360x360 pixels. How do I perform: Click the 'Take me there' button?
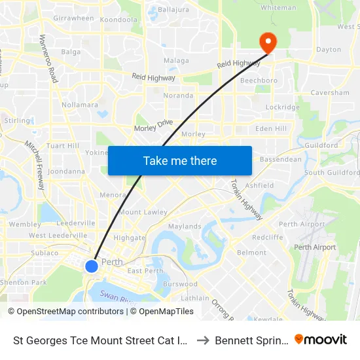(x=180, y=160)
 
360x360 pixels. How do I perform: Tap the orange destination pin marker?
(x=268, y=43)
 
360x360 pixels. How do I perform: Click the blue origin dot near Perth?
(x=92, y=266)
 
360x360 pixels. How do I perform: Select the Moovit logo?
(x=321, y=340)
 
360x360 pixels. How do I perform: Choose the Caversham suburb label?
(x=329, y=93)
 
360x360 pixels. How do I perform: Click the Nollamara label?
(x=79, y=105)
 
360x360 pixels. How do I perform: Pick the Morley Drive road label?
(x=153, y=126)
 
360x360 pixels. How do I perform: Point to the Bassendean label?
(x=281, y=159)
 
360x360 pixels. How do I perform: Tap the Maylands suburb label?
(x=185, y=226)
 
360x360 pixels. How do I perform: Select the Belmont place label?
(x=251, y=252)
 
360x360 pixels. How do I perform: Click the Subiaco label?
(x=44, y=253)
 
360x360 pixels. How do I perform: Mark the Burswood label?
(x=180, y=284)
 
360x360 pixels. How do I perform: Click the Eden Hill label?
(x=271, y=129)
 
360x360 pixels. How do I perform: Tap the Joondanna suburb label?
(x=66, y=171)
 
